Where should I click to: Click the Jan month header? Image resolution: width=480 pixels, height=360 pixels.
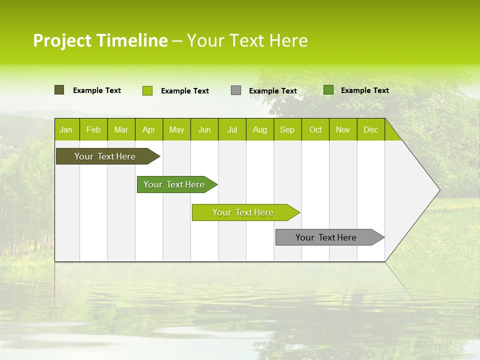tap(66, 129)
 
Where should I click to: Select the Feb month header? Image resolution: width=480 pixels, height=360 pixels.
tap(93, 129)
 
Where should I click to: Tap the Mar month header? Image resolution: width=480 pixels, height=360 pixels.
tap(121, 129)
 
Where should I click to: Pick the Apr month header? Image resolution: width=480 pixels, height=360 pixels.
tap(149, 129)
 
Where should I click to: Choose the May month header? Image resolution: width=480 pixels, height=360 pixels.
tap(176, 129)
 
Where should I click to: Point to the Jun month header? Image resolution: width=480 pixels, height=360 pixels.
tap(204, 129)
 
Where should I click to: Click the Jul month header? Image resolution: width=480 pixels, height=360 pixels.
tap(232, 129)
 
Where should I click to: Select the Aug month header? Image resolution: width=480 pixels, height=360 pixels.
tap(260, 129)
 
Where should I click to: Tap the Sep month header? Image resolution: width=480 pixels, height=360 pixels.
tap(287, 129)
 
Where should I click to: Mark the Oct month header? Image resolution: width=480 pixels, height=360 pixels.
tap(315, 129)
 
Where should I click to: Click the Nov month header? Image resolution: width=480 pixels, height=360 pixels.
tap(343, 129)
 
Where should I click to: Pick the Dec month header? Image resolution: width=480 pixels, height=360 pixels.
tap(371, 129)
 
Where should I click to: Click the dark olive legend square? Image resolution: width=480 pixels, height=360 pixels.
tap(59, 90)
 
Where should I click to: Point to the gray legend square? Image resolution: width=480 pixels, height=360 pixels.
tap(236, 90)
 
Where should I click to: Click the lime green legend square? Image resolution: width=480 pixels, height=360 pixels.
tap(147, 90)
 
